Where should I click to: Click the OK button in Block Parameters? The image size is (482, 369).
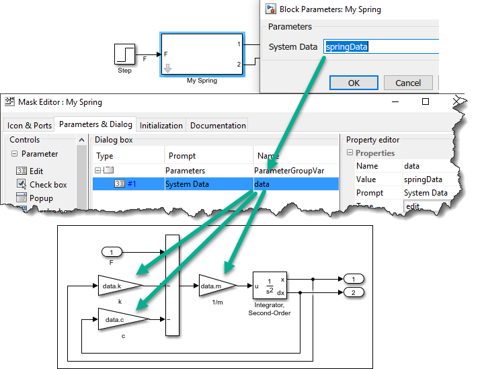(x=354, y=83)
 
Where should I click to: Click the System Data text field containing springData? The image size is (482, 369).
(x=380, y=47)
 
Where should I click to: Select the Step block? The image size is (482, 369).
(x=124, y=54)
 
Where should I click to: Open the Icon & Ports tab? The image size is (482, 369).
(x=30, y=126)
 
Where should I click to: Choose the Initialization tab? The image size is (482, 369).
(x=161, y=126)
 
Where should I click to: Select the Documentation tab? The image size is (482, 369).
(x=218, y=126)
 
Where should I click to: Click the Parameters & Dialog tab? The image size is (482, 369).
(x=95, y=124)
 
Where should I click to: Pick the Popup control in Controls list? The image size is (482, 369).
(x=42, y=198)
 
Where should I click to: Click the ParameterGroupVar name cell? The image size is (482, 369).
(x=289, y=171)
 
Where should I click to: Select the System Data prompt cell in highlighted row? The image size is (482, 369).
(x=187, y=184)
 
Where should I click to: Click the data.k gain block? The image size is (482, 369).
(x=118, y=286)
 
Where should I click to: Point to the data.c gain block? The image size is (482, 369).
(x=118, y=319)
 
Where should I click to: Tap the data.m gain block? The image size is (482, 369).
(x=215, y=286)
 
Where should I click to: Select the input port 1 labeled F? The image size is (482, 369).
(x=112, y=252)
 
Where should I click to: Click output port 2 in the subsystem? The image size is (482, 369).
(x=353, y=292)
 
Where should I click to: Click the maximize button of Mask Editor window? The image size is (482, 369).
(x=426, y=102)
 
